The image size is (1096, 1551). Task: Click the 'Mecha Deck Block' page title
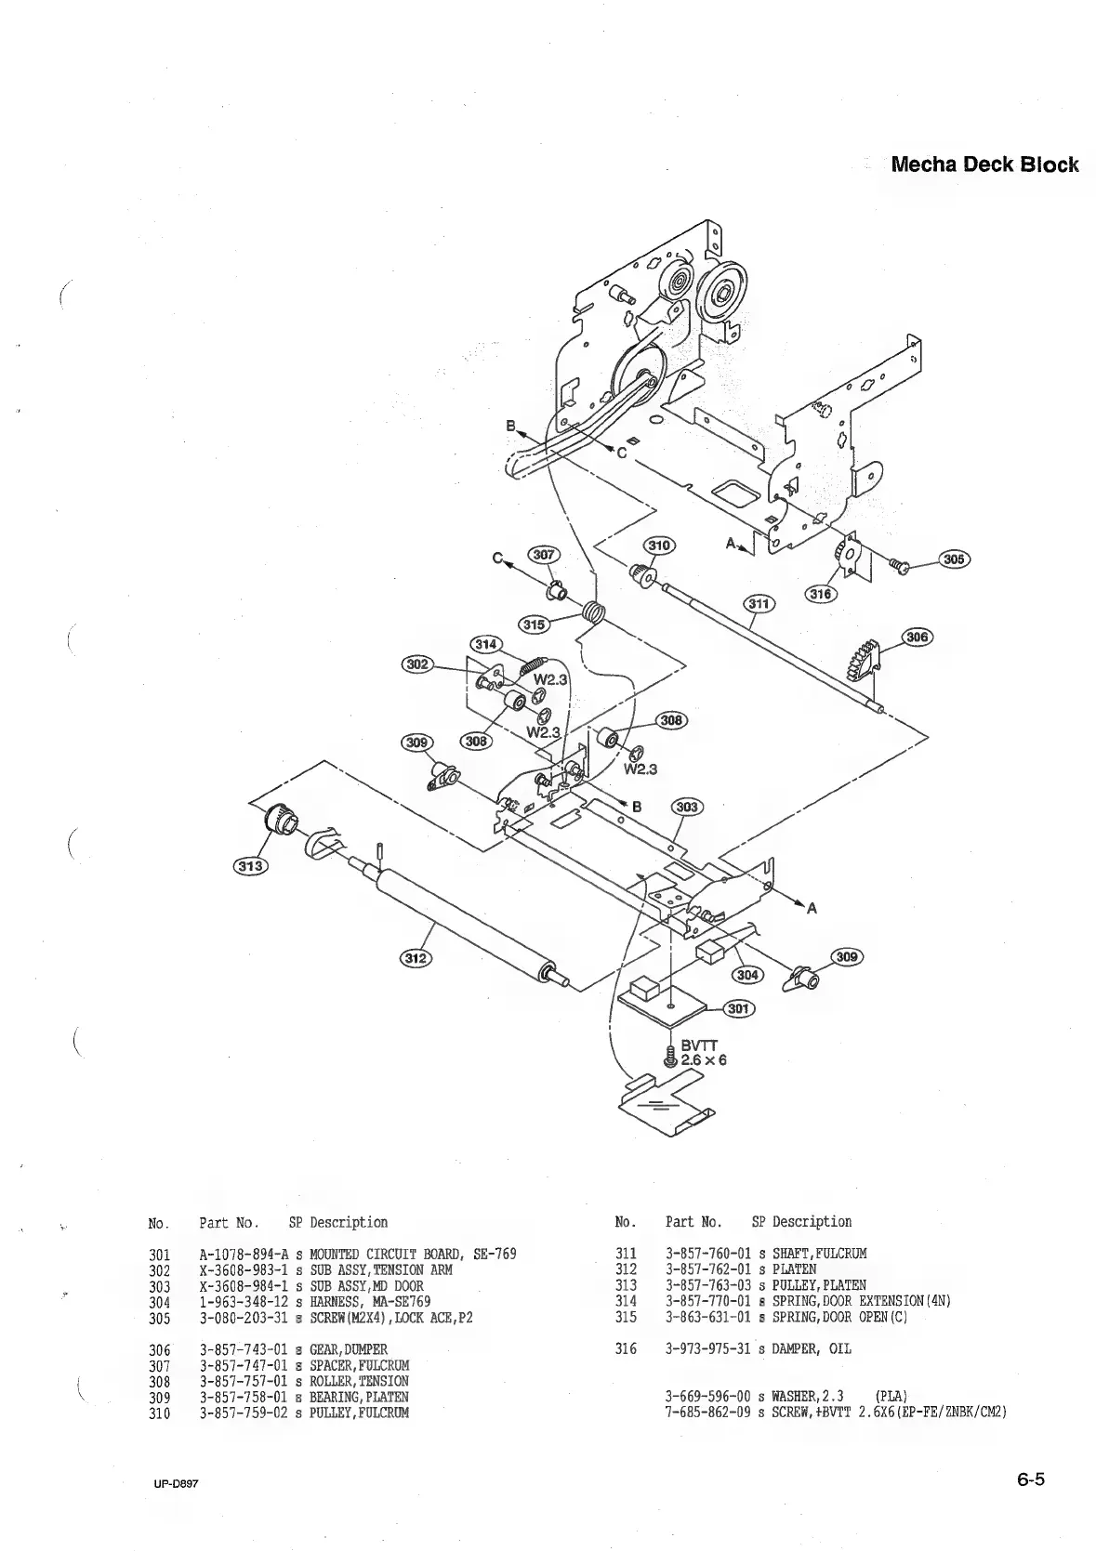point(984,165)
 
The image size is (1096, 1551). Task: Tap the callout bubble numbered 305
point(954,559)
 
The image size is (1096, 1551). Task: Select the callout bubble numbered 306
point(918,637)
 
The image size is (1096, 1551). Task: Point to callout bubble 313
point(249,866)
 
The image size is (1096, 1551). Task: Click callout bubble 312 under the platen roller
point(416,957)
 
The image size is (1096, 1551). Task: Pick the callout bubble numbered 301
point(740,1008)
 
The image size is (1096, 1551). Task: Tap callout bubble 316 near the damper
point(820,594)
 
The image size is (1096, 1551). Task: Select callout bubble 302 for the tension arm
point(416,663)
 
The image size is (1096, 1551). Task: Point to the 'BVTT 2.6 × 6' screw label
point(702,1052)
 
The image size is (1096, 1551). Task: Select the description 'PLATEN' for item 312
point(794,1269)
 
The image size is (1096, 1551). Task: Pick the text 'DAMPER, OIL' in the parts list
point(811,1348)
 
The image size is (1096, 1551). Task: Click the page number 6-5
point(1029,1479)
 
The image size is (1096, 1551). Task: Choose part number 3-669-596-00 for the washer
point(707,1397)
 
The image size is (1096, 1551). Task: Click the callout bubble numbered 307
point(543,555)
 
